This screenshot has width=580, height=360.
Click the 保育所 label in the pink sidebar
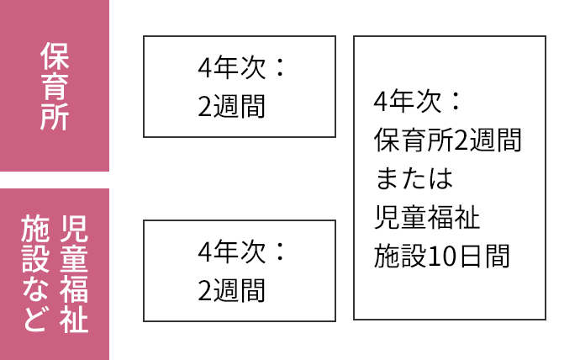pyautogui.click(x=54, y=86)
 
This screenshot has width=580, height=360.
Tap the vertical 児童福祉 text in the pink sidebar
pyautogui.click(x=74, y=274)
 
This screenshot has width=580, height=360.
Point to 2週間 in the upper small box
pyautogui.click(x=231, y=106)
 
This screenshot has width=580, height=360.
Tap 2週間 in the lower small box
pyautogui.click(x=231, y=290)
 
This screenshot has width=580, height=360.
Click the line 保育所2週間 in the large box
pyautogui.click(x=447, y=140)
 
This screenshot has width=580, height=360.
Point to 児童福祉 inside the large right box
pyautogui.click(x=427, y=218)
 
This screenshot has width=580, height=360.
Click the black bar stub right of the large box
pyautogui.click(x=562, y=179)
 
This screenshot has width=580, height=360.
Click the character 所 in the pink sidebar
pyautogui.click(x=54, y=117)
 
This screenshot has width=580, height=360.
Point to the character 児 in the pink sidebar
pyautogui.click(x=74, y=227)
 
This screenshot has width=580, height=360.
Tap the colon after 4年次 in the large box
pyautogui.click(x=455, y=103)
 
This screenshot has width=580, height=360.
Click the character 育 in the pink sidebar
pyautogui.click(x=54, y=86)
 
